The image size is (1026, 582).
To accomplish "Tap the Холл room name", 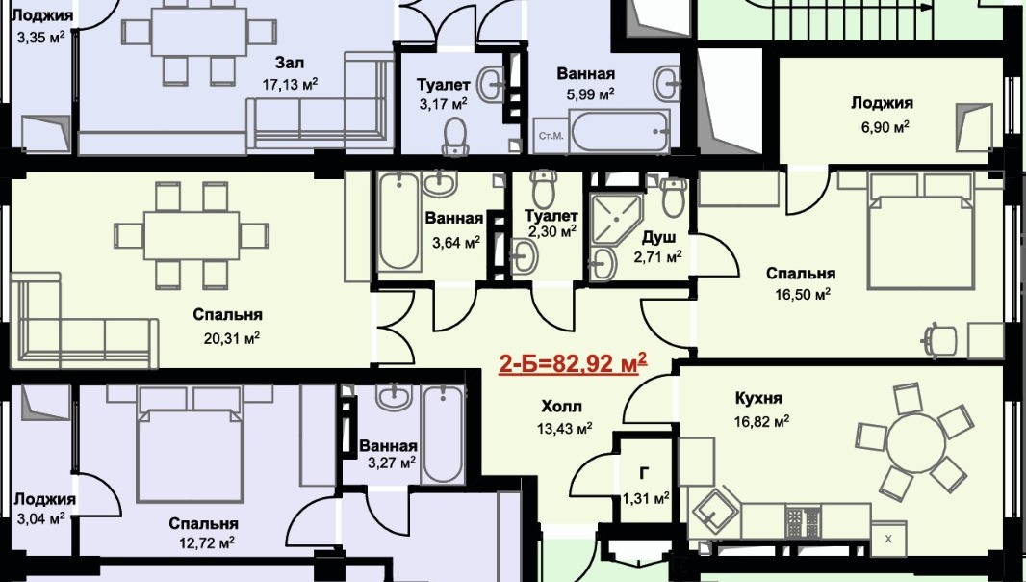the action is pyautogui.click(x=561, y=407).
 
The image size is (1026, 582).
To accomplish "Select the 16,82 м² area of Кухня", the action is pyautogui.click(x=761, y=421).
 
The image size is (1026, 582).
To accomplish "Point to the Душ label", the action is pyautogui.click(x=658, y=237).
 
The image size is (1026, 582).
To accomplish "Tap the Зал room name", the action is pyautogui.click(x=289, y=63).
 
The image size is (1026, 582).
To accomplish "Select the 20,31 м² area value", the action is pyautogui.click(x=232, y=338).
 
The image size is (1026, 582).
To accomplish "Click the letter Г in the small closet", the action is pyautogui.click(x=645, y=474).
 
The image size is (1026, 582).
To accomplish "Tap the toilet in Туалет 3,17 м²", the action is pyautogui.click(x=454, y=136).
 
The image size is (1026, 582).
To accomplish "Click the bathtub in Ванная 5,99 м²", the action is pyautogui.click(x=620, y=131).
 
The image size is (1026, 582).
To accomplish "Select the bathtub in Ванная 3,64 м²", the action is pyautogui.click(x=398, y=221).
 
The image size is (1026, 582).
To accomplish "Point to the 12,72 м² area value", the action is pyautogui.click(x=206, y=542).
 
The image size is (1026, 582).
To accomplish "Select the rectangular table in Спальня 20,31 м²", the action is pyautogui.click(x=192, y=235).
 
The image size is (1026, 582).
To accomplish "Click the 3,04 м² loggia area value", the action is pyautogui.click(x=39, y=518).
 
